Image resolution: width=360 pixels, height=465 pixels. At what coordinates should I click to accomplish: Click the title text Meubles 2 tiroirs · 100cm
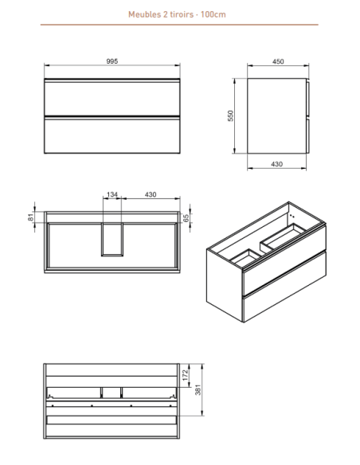click(x=177, y=14)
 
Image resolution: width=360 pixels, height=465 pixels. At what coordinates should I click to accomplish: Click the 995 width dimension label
click(x=112, y=61)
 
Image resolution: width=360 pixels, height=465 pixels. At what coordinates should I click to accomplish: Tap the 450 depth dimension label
click(x=278, y=61)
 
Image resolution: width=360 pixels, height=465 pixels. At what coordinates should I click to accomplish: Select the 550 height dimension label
click(x=230, y=115)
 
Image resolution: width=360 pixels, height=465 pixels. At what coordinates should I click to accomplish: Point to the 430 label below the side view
click(x=276, y=164)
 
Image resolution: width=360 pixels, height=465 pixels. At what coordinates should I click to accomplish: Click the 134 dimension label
click(x=112, y=194)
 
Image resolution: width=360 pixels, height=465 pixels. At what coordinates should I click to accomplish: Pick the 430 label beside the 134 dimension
click(x=151, y=194)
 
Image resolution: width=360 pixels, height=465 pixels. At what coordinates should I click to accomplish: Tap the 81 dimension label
click(x=31, y=217)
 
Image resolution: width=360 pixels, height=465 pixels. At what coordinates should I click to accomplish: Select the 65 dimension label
click(x=186, y=218)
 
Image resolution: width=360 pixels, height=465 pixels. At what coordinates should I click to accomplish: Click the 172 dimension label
click(x=186, y=375)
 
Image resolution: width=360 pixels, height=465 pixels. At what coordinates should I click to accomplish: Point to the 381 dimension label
click(x=198, y=389)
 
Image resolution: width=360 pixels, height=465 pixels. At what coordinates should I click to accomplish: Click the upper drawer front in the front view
click(x=112, y=98)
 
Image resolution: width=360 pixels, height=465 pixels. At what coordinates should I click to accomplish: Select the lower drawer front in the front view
click(x=112, y=135)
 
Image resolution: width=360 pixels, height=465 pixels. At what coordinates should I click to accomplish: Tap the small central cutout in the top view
click(x=112, y=239)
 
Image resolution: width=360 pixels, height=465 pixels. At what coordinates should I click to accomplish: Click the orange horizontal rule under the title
click(x=179, y=25)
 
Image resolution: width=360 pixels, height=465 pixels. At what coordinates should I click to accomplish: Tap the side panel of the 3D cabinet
click(x=225, y=285)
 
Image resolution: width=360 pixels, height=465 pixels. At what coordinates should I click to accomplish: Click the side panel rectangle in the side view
click(x=276, y=116)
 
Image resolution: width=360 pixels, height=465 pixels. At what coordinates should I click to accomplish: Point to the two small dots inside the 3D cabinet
click(x=292, y=217)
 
